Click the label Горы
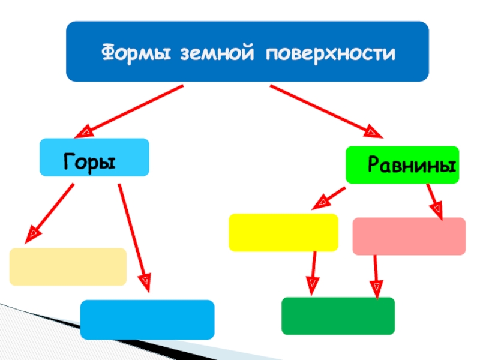pos(89,162)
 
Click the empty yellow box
pos(283,232)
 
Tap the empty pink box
pos(409,236)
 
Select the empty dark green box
pos(338,316)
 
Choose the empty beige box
pos(68,266)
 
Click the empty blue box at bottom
pos(147,320)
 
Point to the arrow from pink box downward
pos(376,275)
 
